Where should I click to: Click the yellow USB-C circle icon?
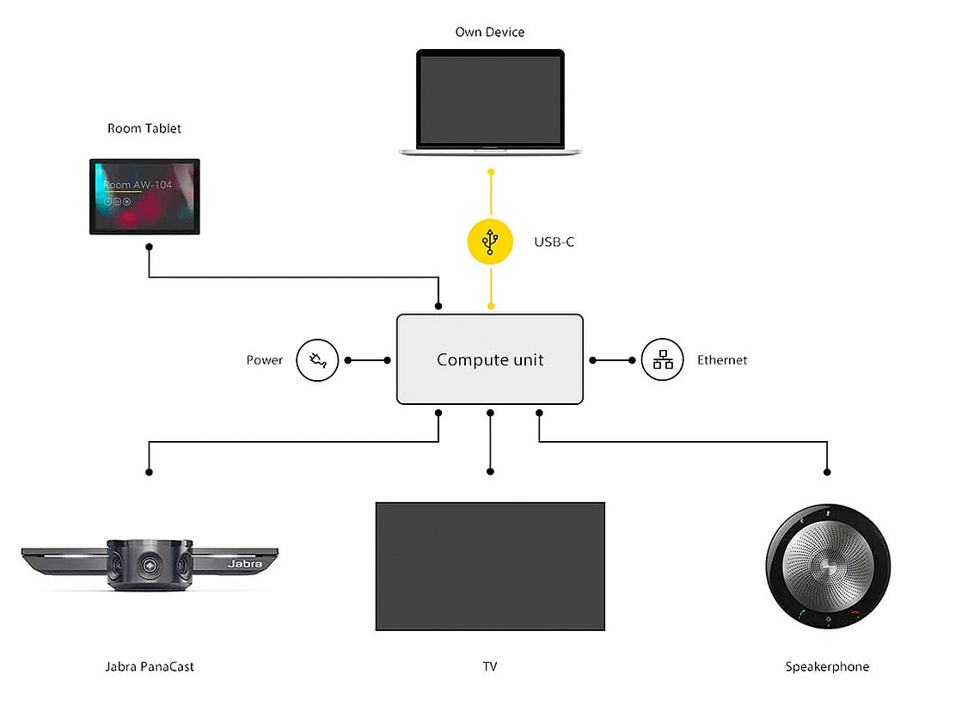490,242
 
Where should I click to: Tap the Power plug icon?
318,360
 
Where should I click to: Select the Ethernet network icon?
663,360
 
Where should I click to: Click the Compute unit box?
490,359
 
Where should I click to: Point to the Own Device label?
490,33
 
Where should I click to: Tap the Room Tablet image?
144,196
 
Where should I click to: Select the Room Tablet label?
144,129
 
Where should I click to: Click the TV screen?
490,567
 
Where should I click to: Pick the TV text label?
490,667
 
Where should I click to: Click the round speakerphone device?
827,567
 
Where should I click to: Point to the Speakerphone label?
827,667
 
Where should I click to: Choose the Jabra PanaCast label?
150,667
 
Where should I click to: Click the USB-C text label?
554,242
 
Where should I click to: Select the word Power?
265,360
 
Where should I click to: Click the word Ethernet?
722,360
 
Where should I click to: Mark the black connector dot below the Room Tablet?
150,247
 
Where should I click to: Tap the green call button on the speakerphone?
800,614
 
